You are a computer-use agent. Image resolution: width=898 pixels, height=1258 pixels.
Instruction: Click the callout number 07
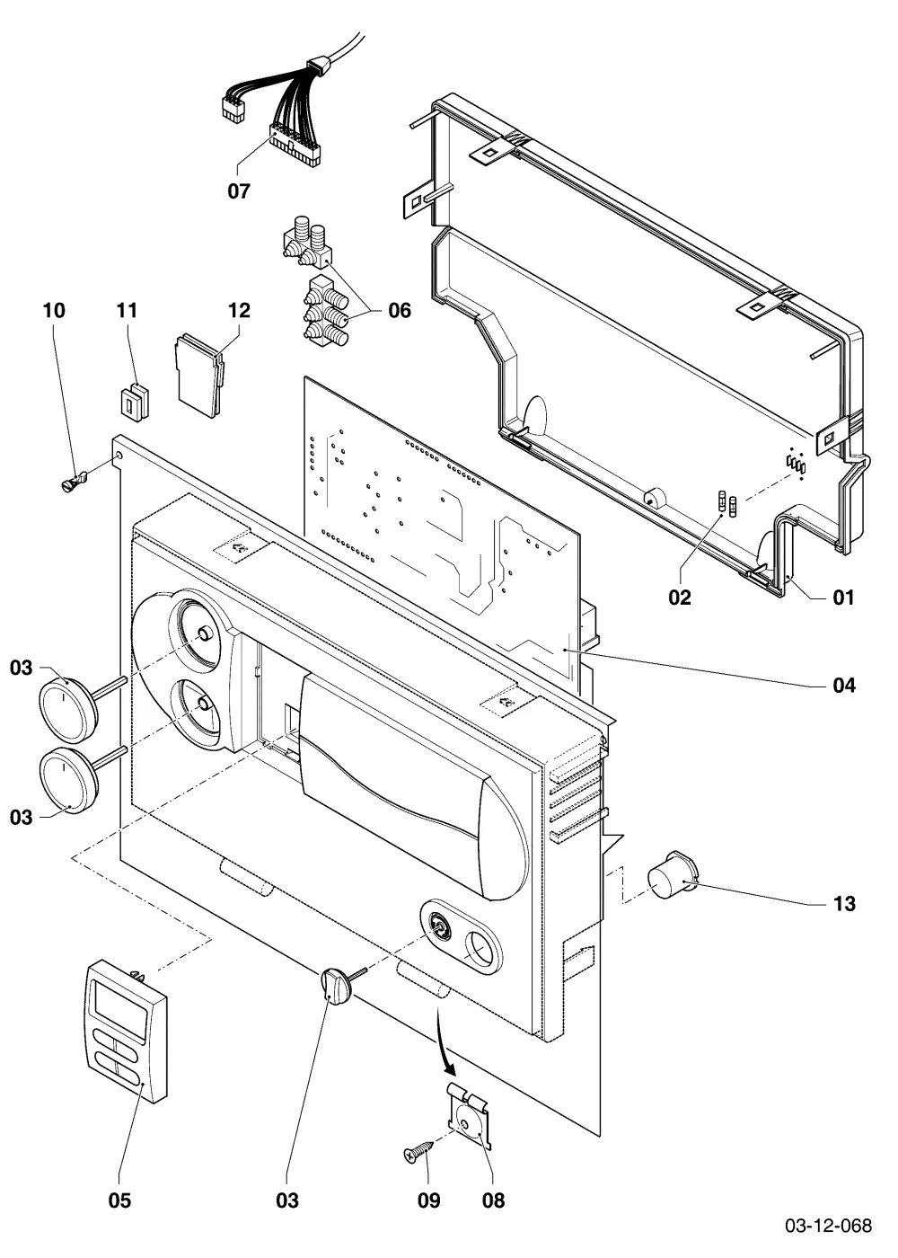[239, 190]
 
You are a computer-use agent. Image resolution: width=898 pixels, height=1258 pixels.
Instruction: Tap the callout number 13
[844, 903]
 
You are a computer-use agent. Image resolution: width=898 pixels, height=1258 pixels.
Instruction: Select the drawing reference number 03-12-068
[828, 1225]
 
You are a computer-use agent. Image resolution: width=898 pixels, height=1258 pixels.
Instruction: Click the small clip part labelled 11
[136, 401]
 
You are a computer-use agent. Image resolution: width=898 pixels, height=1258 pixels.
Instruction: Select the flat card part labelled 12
[198, 376]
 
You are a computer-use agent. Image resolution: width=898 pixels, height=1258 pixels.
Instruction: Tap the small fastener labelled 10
[73, 482]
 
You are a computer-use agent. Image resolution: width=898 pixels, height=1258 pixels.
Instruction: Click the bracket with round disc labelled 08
[471, 1118]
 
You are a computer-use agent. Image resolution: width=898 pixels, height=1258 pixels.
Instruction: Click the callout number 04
[844, 685]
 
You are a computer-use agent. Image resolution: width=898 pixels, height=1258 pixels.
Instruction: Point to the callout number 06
[400, 310]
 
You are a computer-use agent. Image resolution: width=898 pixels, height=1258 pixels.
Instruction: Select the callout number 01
[843, 597]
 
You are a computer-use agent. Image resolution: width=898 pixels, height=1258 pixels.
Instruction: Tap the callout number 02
[680, 597]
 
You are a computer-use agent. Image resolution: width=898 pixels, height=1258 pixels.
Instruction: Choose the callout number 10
[54, 310]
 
